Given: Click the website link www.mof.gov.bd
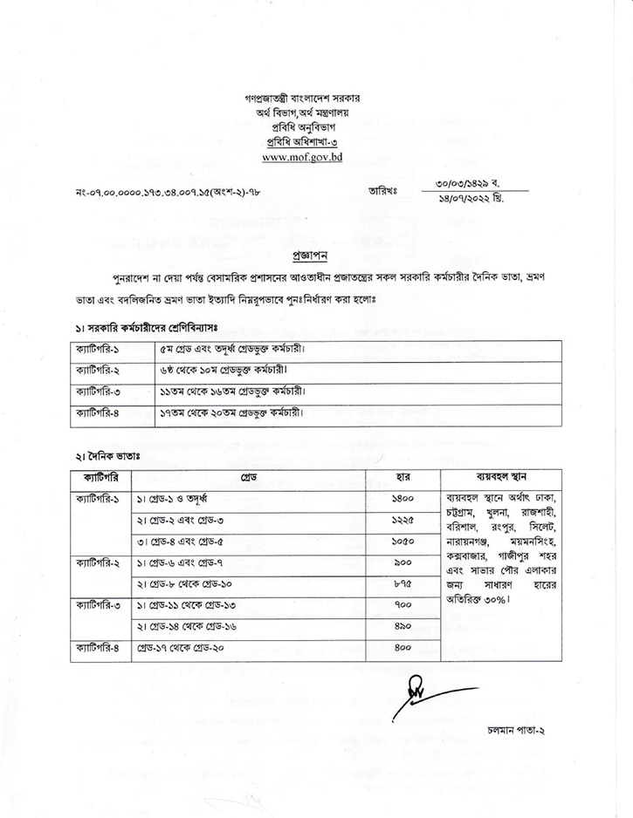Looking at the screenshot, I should pyautogui.click(x=302, y=158).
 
